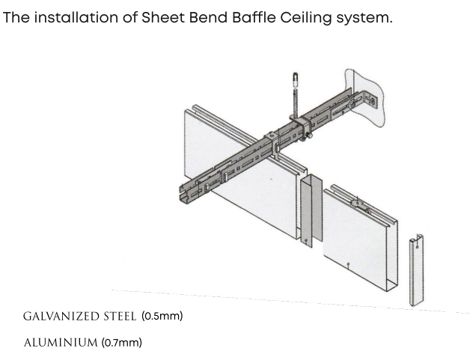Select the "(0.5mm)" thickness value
tap(162, 316)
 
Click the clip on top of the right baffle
tap(360, 205)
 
